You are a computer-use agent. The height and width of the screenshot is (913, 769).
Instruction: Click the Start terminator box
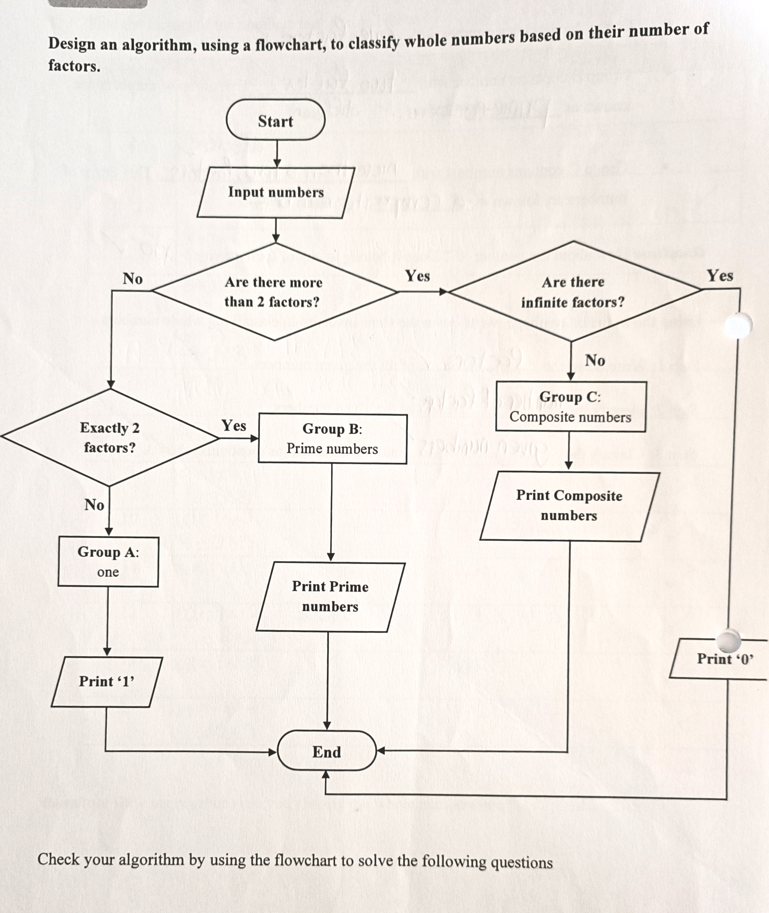[x=275, y=120]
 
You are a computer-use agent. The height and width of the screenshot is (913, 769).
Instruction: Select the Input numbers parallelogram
[x=275, y=192]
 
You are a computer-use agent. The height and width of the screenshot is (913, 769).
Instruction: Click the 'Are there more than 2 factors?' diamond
[x=274, y=292]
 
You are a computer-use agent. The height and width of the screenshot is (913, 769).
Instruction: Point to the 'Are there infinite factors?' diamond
[x=573, y=292]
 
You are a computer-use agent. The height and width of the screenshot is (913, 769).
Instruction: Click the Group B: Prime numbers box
[x=332, y=438]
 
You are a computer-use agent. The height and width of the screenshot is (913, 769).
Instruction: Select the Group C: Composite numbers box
[x=570, y=407]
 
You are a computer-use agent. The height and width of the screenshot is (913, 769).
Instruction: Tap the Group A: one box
[x=108, y=561]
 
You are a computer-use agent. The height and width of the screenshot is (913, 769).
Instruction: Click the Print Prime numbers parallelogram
[x=330, y=596]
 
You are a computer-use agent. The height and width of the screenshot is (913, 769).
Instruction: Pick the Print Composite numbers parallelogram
[x=569, y=506]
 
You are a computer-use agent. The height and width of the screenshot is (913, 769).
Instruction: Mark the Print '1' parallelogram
[x=106, y=682]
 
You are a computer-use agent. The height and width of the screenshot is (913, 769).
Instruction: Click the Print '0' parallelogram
[x=724, y=659]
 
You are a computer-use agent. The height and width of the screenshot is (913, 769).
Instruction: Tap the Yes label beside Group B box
[x=234, y=425]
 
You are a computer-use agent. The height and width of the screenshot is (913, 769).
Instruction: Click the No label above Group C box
[x=595, y=360]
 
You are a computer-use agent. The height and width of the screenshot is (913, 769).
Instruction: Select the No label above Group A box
[x=94, y=505]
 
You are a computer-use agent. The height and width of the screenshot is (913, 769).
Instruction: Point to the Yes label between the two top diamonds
[x=417, y=276]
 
